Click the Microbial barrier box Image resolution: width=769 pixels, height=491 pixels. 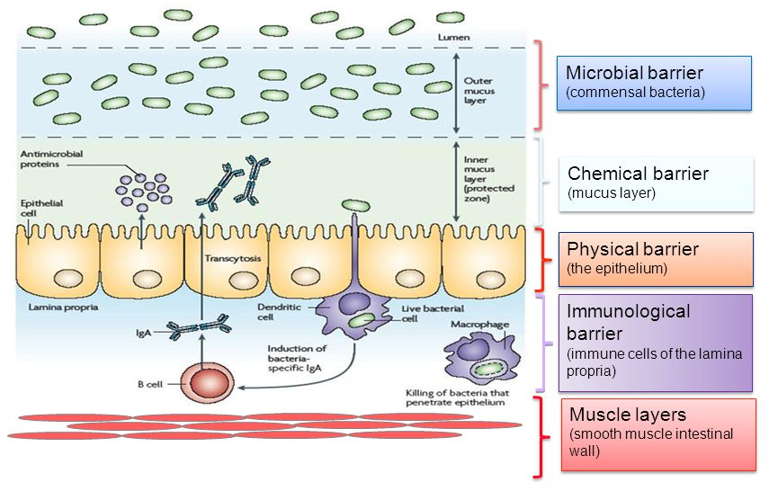(653, 83)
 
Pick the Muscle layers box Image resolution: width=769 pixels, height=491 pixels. (657, 434)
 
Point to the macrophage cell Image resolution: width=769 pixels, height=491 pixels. (476, 356)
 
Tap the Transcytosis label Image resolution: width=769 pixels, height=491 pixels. (233, 259)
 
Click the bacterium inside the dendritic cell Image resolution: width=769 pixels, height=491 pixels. (362, 320)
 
